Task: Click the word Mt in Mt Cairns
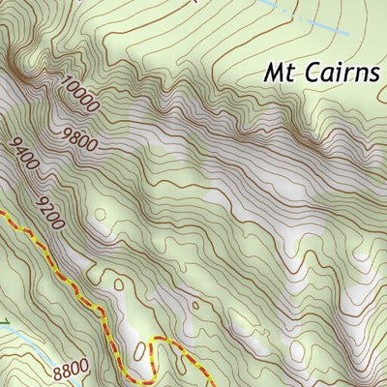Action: coord(280,72)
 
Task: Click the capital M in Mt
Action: coord(275,72)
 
